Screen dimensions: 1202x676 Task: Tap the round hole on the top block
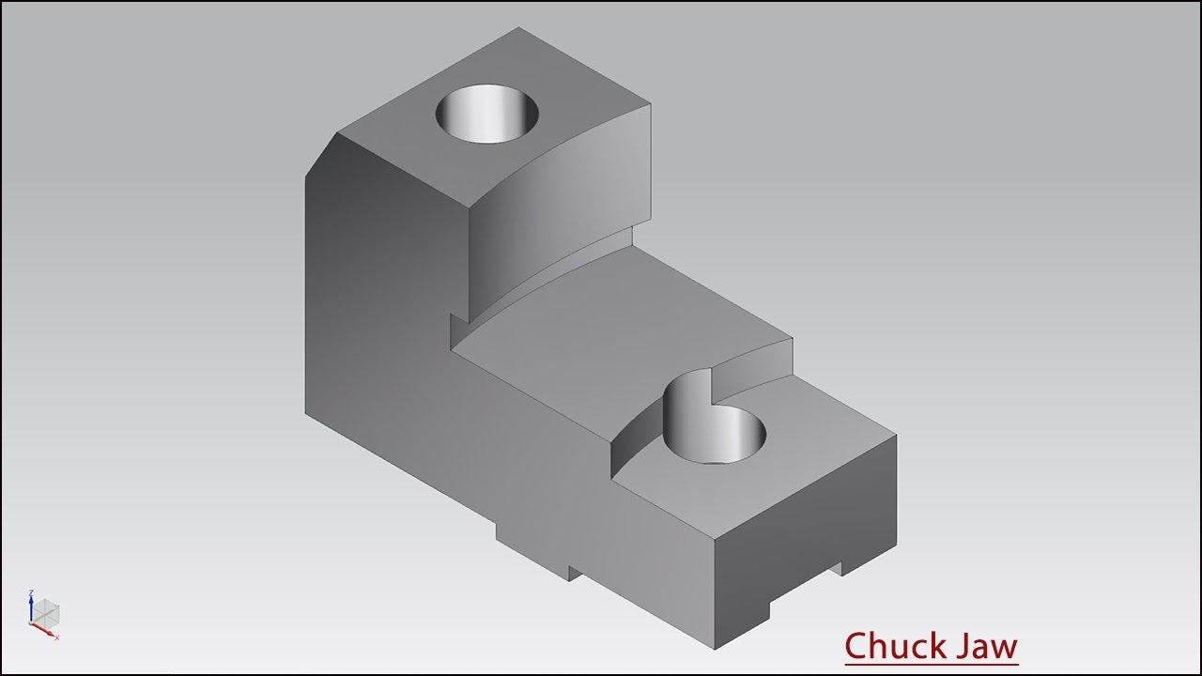click(x=486, y=114)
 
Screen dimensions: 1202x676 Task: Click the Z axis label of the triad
click(x=31, y=592)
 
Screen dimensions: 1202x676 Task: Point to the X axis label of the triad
click(x=57, y=638)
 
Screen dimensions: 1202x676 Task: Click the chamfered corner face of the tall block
click(x=320, y=155)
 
